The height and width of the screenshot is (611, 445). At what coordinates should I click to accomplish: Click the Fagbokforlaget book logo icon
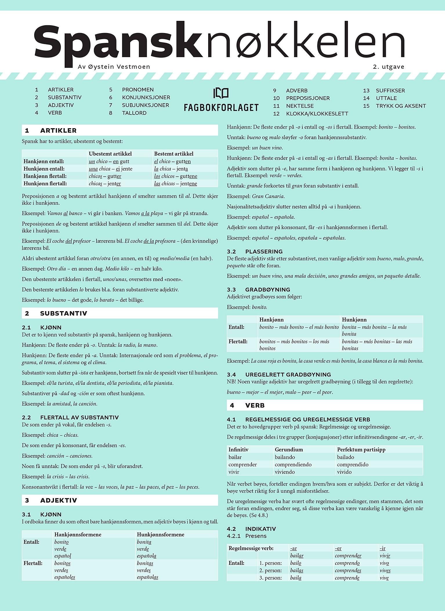(221, 93)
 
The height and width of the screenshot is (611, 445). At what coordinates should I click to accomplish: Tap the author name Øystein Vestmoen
(114, 67)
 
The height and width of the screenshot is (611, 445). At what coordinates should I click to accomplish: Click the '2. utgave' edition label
(388, 67)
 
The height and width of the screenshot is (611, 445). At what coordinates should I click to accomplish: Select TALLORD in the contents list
(134, 113)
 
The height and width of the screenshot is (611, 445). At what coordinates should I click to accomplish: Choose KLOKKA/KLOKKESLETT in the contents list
(317, 114)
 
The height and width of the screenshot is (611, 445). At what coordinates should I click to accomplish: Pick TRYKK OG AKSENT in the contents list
(401, 106)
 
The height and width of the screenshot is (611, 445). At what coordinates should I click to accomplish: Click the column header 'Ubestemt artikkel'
(110, 154)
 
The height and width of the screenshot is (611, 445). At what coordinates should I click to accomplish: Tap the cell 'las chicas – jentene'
(175, 184)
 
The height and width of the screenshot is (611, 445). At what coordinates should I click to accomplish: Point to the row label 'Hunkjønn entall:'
(44, 169)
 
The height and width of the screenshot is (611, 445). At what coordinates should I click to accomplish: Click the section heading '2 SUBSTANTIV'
(63, 313)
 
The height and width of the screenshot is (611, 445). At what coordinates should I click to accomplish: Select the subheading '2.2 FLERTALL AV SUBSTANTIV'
(70, 417)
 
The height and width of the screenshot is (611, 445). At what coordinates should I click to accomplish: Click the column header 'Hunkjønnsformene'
(160, 534)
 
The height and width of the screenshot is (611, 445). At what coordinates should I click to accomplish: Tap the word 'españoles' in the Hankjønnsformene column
(65, 577)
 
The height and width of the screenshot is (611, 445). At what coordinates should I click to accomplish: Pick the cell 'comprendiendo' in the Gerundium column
(293, 465)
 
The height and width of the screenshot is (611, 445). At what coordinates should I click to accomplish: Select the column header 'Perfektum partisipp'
(361, 449)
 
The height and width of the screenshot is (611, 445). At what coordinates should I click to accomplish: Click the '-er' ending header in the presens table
(338, 548)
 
